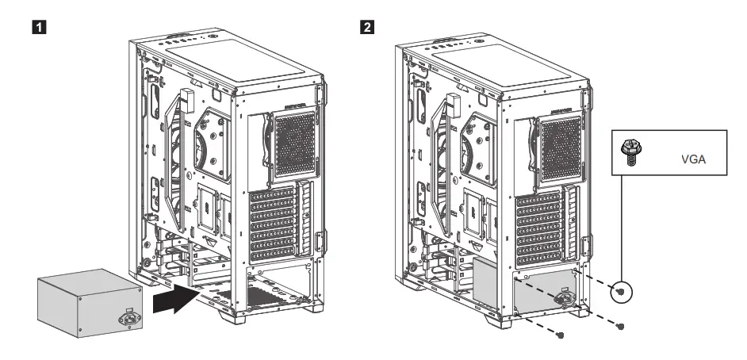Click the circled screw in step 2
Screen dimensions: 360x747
tap(621, 293)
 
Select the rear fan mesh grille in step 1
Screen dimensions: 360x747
tap(289, 147)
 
